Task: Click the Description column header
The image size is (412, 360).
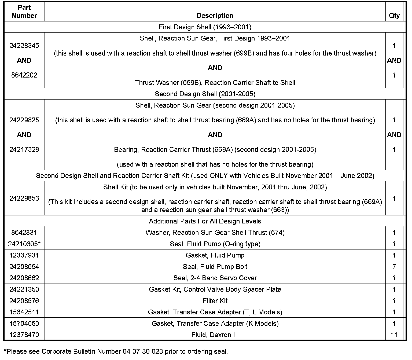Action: click(x=215, y=16)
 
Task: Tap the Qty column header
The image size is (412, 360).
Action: click(x=394, y=16)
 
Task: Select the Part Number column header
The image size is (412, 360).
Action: click(x=24, y=12)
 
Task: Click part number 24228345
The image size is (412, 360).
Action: click(x=24, y=46)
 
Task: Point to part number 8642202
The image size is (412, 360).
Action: click(x=24, y=75)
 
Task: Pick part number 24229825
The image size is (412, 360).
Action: click(x=24, y=120)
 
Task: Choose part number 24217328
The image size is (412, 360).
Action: click(x=24, y=149)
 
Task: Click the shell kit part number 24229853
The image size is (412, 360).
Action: click(x=24, y=198)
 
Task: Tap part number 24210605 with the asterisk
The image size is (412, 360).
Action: click(x=24, y=244)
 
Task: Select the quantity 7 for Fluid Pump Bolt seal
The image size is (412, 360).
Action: click(x=394, y=267)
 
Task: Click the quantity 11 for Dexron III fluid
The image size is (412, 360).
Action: click(x=394, y=335)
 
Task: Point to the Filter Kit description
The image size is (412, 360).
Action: click(x=215, y=301)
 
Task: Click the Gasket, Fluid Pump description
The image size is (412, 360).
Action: click(x=215, y=255)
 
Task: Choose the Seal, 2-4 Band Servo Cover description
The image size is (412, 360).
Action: click(x=215, y=278)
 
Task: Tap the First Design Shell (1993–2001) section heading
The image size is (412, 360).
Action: click(x=205, y=27)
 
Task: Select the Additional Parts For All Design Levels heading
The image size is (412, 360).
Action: click(x=205, y=221)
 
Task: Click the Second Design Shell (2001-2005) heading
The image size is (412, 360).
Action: click(x=205, y=94)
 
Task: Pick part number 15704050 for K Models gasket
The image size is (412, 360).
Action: click(x=24, y=324)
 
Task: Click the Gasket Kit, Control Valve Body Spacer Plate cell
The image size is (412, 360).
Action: click(x=215, y=289)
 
